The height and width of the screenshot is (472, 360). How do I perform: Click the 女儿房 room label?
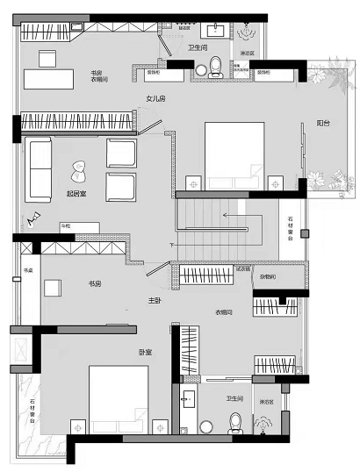tap(155, 99)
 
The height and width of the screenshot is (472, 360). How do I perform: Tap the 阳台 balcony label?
tap(323, 125)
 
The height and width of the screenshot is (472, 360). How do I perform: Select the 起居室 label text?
tap(76, 193)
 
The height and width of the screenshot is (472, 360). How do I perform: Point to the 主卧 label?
tap(155, 301)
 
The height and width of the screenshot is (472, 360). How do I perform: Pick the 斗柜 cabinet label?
tap(65, 226)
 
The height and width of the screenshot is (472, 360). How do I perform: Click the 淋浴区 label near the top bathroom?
tap(248, 53)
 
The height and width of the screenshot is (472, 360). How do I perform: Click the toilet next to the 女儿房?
tap(212, 74)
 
